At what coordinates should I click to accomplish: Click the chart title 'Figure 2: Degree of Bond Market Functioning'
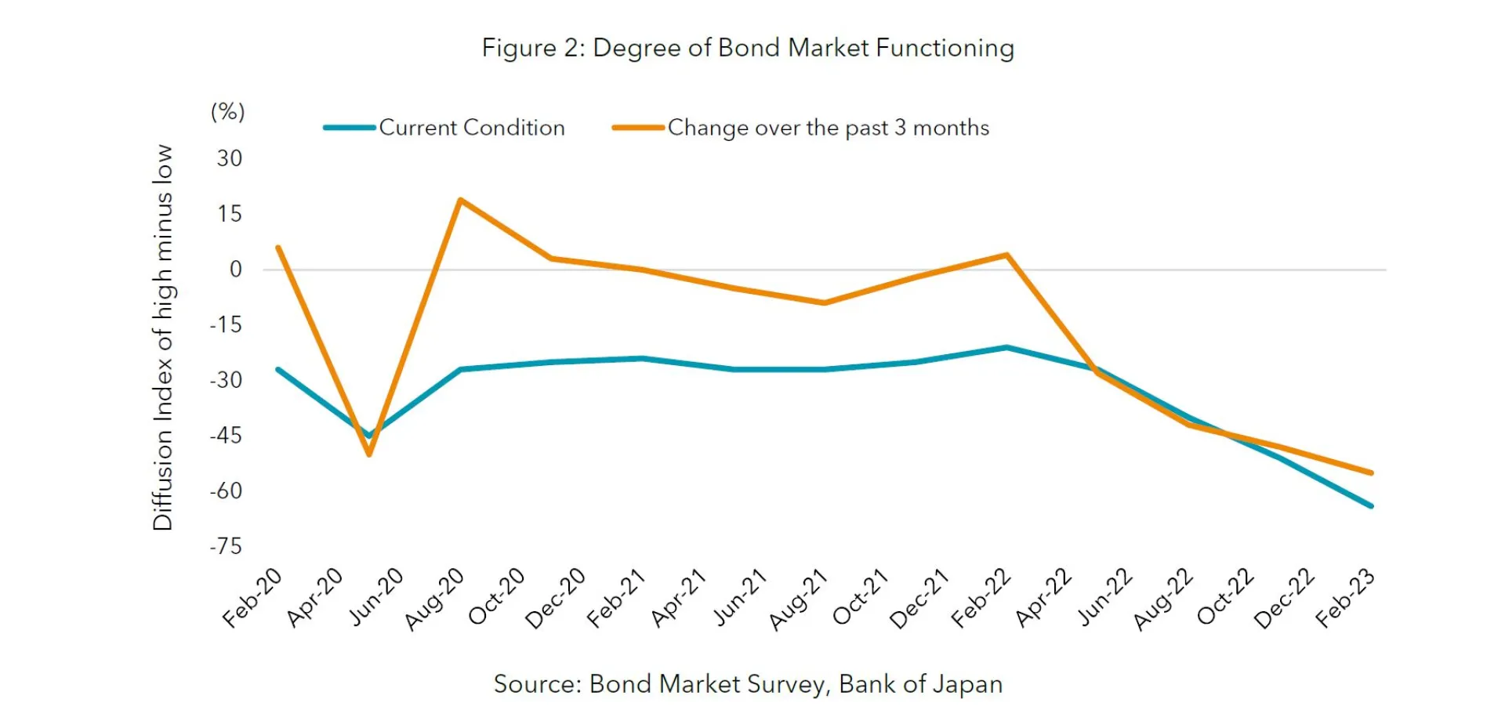click(748, 49)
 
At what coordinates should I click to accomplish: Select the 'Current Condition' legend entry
click(471, 128)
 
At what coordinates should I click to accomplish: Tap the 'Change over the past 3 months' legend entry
click(828, 128)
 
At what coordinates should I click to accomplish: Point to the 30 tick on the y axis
click(230, 158)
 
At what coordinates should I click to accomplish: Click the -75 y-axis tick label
click(226, 546)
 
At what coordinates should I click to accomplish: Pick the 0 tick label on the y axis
click(235, 270)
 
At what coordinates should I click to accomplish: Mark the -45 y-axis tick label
click(226, 436)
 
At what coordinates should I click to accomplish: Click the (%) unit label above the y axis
click(228, 112)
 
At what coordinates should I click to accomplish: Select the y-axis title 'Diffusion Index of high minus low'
click(162, 337)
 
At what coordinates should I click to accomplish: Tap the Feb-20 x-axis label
click(252, 598)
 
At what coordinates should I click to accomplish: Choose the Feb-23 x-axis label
click(1344, 598)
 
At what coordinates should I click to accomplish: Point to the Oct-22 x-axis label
click(1224, 597)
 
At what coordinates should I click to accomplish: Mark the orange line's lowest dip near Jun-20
click(369, 454)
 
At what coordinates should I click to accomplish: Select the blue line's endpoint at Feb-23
click(1371, 506)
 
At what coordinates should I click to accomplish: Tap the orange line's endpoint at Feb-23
click(1371, 472)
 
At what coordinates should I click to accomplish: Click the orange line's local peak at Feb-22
click(1006, 255)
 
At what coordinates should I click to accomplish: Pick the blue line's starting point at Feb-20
click(278, 369)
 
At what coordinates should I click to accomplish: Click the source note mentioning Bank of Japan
click(748, 684)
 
